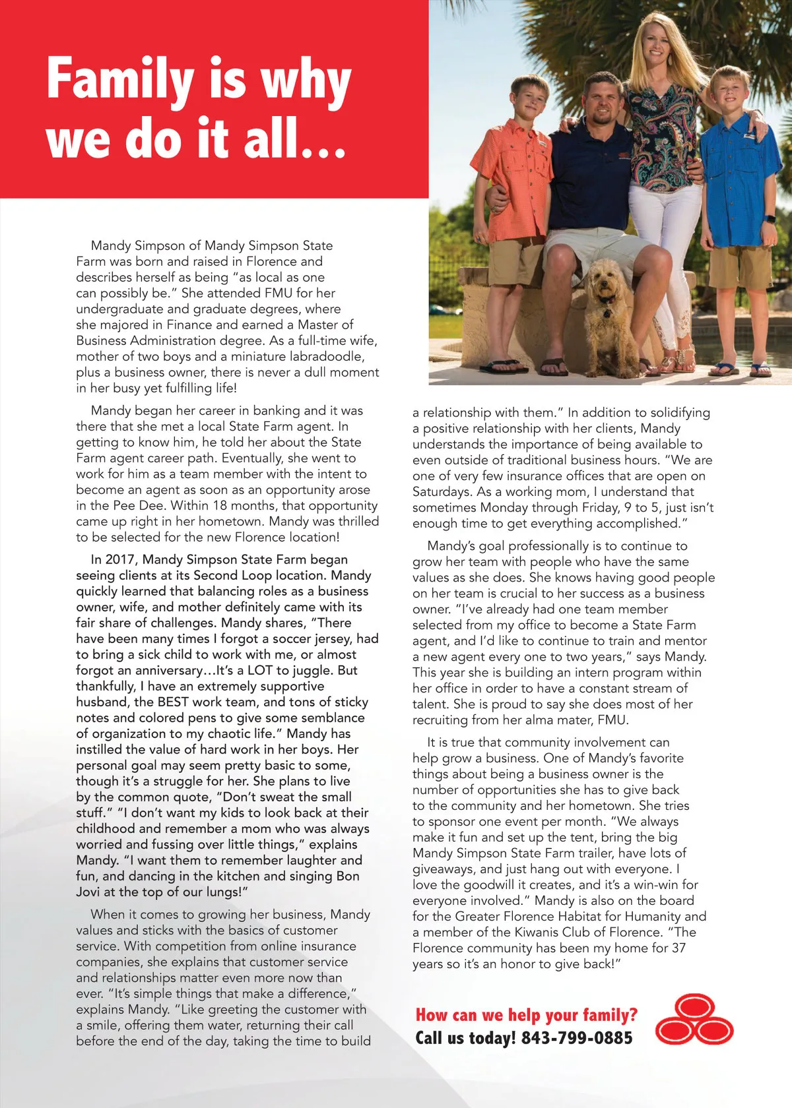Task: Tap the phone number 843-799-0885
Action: pyautogui.click(x=576, y=1038)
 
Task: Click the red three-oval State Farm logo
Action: pyautogui.click(x=694, y=1020)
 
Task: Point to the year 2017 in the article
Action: pyautogui.click(x=120, y=560)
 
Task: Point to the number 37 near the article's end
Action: pyautogui.click(x=678, y=948)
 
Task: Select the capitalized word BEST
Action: pyautogui.click(x=173, y=702)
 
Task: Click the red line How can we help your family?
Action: pyautogui.click(x=526, y=1015)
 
